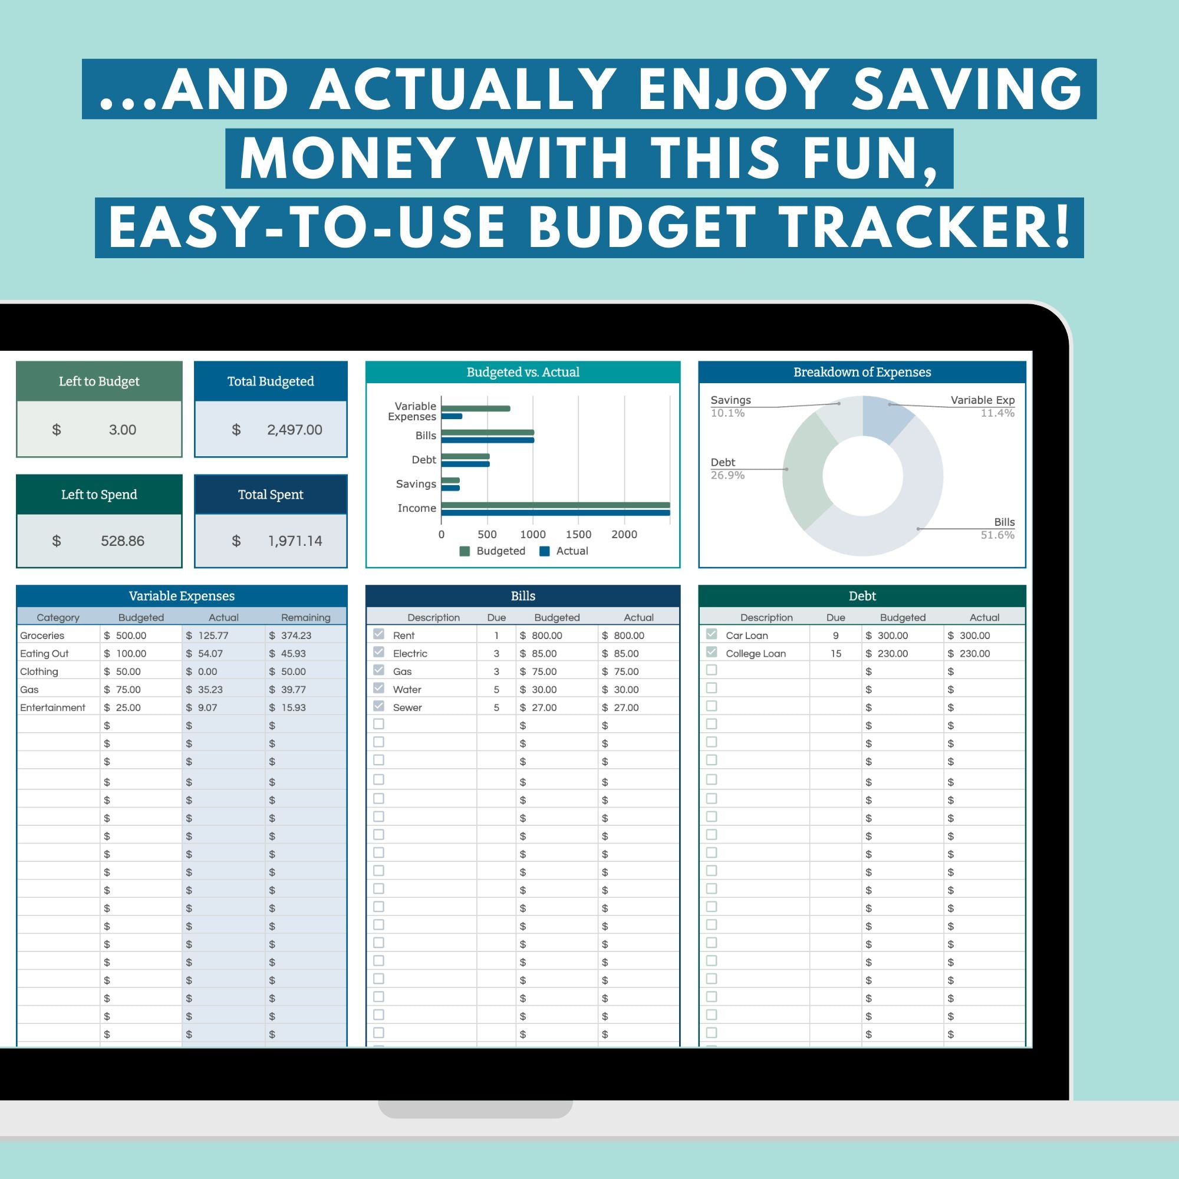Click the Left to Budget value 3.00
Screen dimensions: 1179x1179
[x=122, y=430]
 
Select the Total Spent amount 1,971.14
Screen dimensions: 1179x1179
[x=295, y=541]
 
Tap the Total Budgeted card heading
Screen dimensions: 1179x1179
[x=271, y=381]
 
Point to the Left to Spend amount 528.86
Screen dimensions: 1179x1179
[x=122, y=541]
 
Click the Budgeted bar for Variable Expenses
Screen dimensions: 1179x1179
[x=475, y=409]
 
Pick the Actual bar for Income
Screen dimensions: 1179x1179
[x=555, y=513]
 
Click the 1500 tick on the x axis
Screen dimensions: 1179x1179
[x=578, y=535]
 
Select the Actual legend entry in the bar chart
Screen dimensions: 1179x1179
[x=564, y=551]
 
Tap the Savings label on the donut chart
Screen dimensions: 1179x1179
[x=730, y=400]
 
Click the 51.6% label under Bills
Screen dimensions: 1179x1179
[x=997, y=535]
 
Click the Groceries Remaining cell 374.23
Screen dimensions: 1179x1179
[x=296, y=635]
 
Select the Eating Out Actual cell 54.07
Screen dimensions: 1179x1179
[x=210, y=654]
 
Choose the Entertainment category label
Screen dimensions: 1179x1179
[x=52, y=708]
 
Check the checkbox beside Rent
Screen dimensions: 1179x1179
[x=378, y=634]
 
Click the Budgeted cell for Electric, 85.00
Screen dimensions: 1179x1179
[x=544, y=654]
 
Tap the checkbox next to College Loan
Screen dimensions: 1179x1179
[x=711, y=653]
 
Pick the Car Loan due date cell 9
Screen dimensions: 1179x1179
[x=835, y=635]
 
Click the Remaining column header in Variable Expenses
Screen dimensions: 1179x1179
[x=305, y=618]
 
